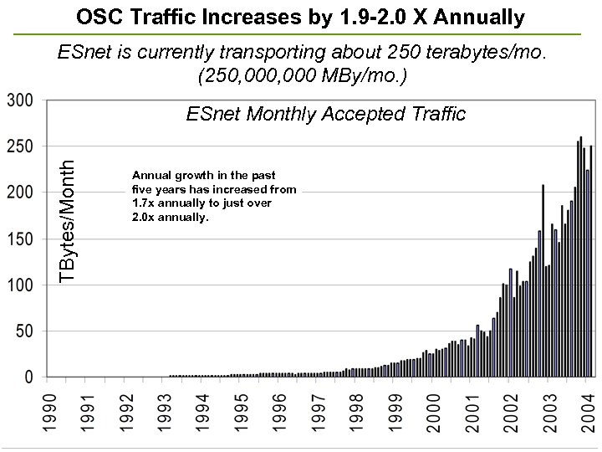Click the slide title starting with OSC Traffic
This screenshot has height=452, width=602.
[x=301, y=16]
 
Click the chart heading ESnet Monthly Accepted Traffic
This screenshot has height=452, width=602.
[x=325, y=114]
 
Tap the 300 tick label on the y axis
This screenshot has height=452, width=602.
[x=19, y=101]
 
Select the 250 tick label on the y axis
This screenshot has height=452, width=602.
[x=19, y=147]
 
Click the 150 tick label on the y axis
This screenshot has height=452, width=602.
[x=19, y=239]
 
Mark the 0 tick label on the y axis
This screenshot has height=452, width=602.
[x=28, y=378]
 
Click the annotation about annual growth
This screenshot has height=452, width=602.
[x=214, y=197]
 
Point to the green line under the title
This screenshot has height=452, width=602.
[x=301, y=33]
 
